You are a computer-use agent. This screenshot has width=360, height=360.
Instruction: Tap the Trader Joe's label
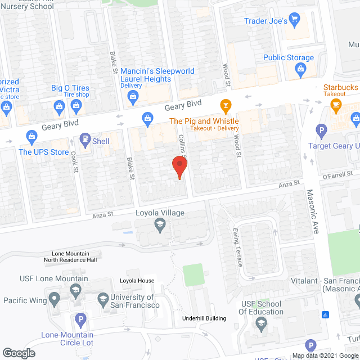click(x=266, y=21)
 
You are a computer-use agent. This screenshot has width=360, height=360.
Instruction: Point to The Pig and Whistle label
click(x=204, y=121)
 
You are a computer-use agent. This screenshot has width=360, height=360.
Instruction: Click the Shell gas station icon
click(x=85, y=137)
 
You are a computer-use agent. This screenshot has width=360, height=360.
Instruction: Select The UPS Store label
click(x=44, y=152)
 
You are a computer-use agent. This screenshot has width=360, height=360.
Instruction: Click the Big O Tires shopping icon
click(x=58, y=106)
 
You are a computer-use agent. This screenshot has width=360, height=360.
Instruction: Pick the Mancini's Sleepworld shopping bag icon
click(x=133, y=97)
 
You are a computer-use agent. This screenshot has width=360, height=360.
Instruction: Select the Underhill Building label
click(x=204, y=318)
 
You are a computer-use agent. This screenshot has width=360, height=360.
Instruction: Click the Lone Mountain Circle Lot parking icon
click(x=80, y=321)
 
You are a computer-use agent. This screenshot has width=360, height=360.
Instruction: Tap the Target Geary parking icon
click(x=322, y=132)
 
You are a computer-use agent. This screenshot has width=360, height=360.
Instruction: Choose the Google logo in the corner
click(x=18, y=353)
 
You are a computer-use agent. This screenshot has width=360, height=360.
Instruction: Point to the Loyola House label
click(x=137, y=281)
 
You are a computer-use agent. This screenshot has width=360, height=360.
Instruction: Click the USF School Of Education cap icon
click(x=261, y=323)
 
